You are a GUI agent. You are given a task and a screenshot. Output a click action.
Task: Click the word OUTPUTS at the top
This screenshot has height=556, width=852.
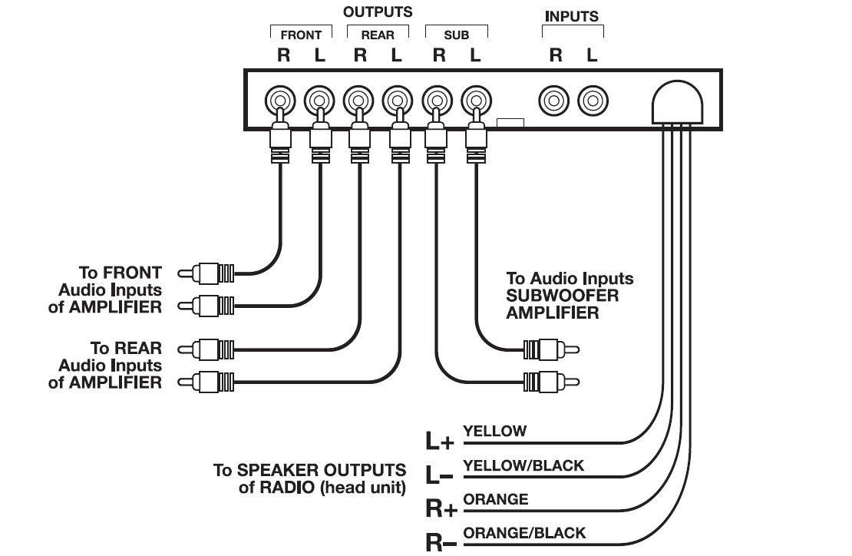(x=377, y=12)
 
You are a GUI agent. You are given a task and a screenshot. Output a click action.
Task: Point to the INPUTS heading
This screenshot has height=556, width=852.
(x=572, y=16)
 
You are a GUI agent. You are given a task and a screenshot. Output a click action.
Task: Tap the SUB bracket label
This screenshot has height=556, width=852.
(x=456, y=35)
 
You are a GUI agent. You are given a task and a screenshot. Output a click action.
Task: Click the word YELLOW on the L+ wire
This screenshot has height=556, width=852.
(x=495, y=432)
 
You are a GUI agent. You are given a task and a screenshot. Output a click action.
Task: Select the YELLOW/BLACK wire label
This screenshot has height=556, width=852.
(x=523, y=465)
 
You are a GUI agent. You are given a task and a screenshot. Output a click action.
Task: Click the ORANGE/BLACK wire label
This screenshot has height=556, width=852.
(x=524, y=533)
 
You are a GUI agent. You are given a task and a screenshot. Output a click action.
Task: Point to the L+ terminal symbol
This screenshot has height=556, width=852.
(x=440, y=442)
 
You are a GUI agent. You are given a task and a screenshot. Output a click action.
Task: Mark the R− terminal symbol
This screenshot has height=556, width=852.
(x=440, y=543)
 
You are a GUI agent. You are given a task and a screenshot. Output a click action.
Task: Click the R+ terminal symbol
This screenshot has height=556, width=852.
(x=441, y=508)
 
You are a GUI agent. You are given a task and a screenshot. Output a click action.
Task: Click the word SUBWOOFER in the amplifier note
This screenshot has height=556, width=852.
(x=562, y=296)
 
